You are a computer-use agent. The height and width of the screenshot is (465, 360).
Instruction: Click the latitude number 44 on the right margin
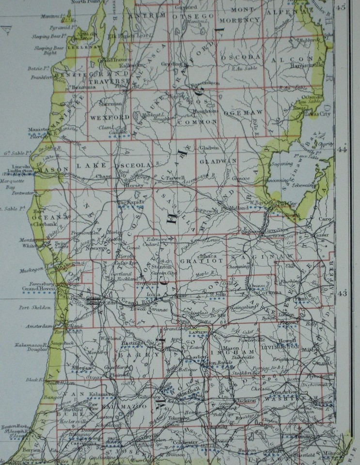pos(342,150)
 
